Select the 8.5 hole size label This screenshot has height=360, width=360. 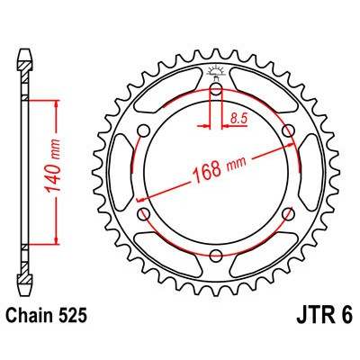pos(241,116)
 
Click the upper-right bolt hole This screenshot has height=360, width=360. pos(288,131)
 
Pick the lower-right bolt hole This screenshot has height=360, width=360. pos(288,214)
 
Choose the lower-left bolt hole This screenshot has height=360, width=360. pos(144,214)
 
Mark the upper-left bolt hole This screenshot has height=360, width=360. pos(144,131)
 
